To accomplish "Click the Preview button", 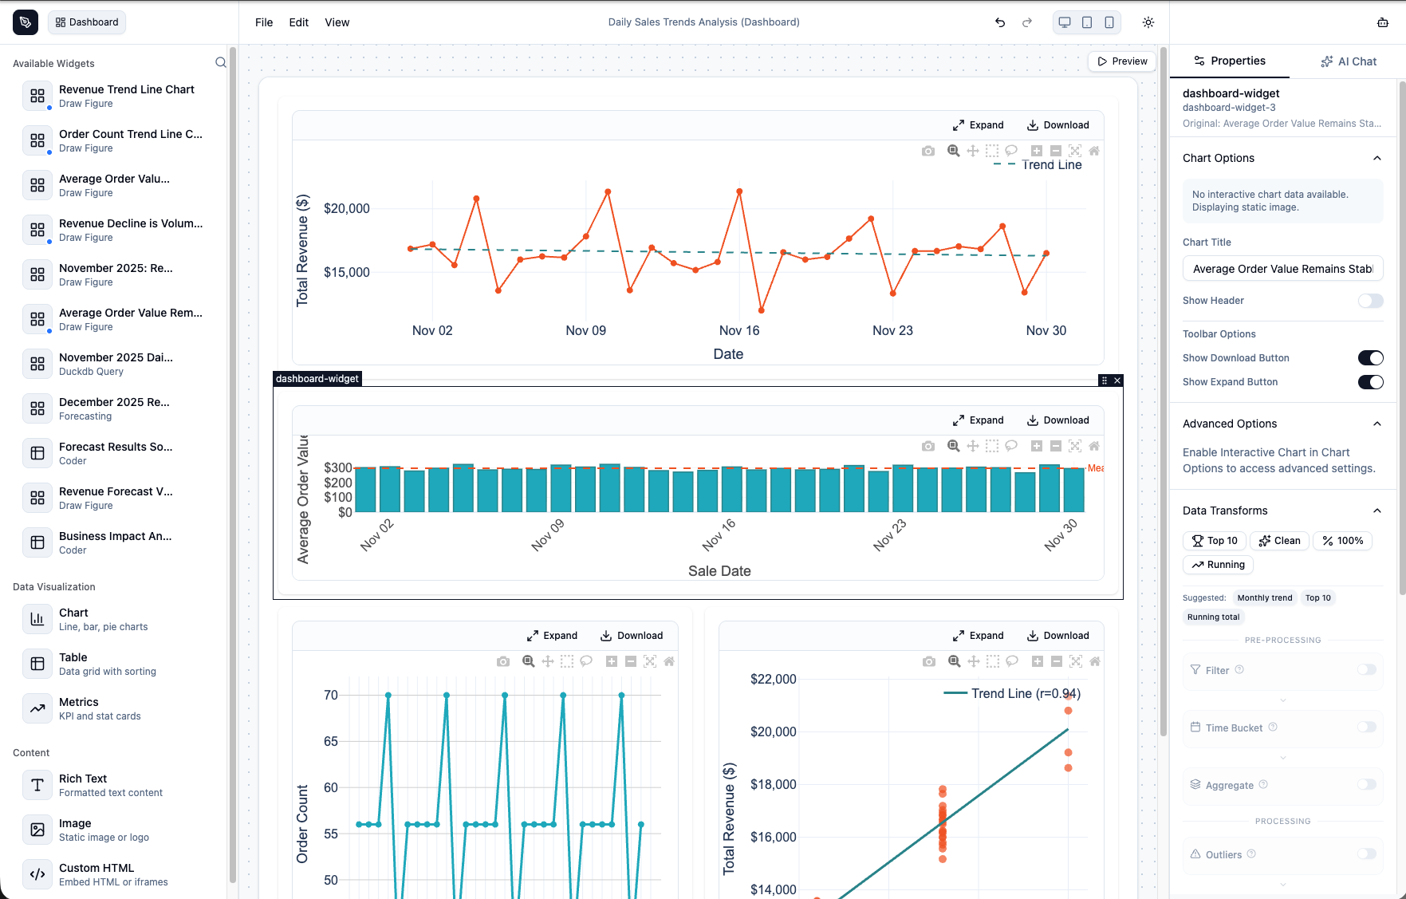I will pos(1122,61).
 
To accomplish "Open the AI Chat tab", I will pos(1349,61).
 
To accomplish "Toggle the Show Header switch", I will pos(1370,301).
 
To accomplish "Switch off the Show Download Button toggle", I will pos(1370,358).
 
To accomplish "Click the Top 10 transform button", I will pos(1215,541).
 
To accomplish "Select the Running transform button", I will pos(1218,565).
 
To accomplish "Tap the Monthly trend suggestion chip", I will pos(1264,598).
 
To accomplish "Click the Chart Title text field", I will pos(1282,269).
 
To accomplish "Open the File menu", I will pos(264,22).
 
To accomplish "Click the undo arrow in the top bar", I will pos(1000,22).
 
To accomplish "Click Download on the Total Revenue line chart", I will pos(1057,125).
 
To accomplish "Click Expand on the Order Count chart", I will pos(552,636).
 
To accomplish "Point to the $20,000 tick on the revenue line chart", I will pos(346,209).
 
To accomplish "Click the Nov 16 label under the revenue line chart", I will pos(739,330).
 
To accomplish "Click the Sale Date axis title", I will pos(719,571).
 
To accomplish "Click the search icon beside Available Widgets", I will pos(221,63).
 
